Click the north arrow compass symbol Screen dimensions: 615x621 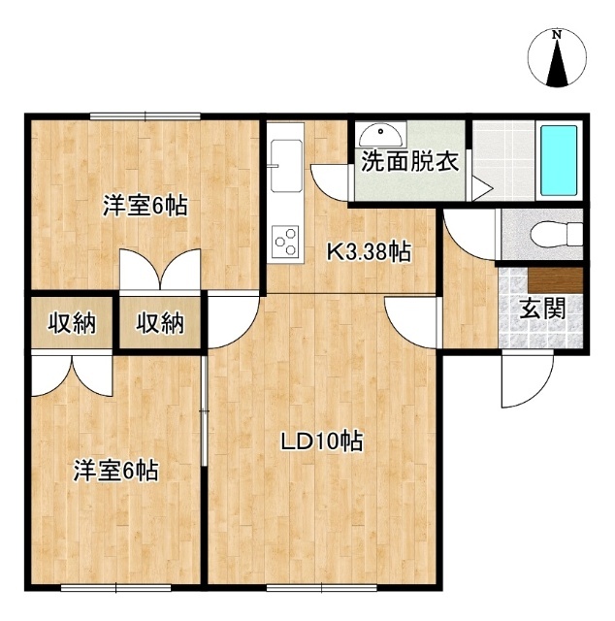tap(557, 58)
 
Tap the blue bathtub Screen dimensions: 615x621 tap(559, 160)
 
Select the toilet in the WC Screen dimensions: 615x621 tap(556, 235)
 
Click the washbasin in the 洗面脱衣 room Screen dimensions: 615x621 tap(382, 135)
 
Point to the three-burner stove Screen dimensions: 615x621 tap(285, 242)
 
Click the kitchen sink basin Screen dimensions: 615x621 tap(285, 166)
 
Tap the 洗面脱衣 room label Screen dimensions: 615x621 tap(410, 161)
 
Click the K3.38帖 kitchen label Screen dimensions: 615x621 tap(369, 251)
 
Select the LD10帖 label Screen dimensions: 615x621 tap(321, 441)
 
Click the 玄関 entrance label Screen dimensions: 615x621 tap(542, 309)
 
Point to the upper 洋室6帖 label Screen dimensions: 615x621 tap(146, 205)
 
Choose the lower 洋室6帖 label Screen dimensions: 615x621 tap(115, 471)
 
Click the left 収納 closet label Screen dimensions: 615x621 tap(72, 323)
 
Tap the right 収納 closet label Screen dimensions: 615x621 tap(160, 323)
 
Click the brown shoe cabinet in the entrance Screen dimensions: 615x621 tap(556, 280)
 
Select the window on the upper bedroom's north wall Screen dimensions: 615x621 tap(145, 116)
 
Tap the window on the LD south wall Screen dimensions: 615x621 tap(321, 588)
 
